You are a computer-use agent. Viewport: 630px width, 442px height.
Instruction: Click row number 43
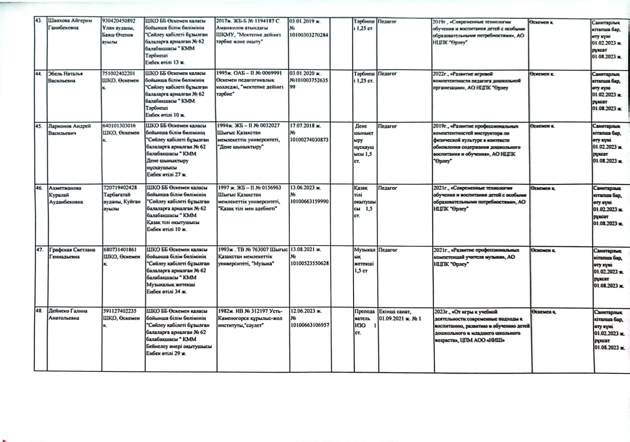tap(39, 20)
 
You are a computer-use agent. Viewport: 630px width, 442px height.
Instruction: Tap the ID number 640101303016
tap(119, 126)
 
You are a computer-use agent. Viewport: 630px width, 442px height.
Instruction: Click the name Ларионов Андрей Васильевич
tap(69, 129)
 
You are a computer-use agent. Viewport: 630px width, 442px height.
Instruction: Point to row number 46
tap(39, 188)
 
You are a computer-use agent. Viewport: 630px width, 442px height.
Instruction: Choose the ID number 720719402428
tap(120, 188)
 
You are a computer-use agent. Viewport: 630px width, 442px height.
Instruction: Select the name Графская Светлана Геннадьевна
tap(72, 253)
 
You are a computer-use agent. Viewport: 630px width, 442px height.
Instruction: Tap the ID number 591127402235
tap(120, 311)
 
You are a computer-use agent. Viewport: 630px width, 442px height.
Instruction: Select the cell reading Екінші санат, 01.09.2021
tap(400, 315)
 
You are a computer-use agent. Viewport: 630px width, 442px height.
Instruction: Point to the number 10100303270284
tap(309, 35)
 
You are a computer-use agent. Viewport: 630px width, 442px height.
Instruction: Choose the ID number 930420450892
tap(119, 20)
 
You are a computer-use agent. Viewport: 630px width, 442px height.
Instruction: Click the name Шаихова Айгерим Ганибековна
tap(70, 24)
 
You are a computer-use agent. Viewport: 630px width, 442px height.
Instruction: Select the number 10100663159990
tap(309, 202)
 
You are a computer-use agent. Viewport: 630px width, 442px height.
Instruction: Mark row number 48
tap(39, 311)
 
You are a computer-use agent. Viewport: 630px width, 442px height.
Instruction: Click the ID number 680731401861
tap(120, 249)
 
